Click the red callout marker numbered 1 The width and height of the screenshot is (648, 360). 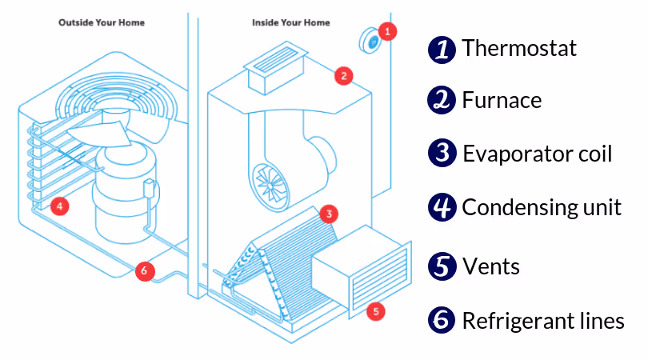pyautogui.click(x=387, y=31)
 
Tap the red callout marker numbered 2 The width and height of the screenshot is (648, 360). pyautogui.click(x=343, y=77)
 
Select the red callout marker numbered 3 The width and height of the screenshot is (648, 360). pyautogui.click(x=327, y=214)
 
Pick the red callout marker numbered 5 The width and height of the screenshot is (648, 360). pyautogui.click(x=377, y=311)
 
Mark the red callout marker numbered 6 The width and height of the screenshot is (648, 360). pyautogui.click(x=143, y=270)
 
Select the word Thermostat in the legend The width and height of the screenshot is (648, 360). pyautogui.click(x=519, y=49)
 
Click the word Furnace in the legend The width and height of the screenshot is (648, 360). pyautogui.click(x=502, y=101)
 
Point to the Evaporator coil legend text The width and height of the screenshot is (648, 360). pyautogui.click(x=537, y=154)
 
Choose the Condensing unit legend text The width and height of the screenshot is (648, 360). pyautogui.click(x=542, y=208)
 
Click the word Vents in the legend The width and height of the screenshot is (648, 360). pyautogui.click(x=491, y=266)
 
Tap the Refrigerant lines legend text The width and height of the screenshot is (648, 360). pyautogui.click(x=543, y=321)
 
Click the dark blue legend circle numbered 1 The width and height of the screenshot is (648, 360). pyautogui.click(x=441, y=49)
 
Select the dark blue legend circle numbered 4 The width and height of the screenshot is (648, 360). pyautogui.click(x=441, y=208)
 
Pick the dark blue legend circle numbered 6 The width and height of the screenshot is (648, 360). pyautogui.click(x=441, y=320)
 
